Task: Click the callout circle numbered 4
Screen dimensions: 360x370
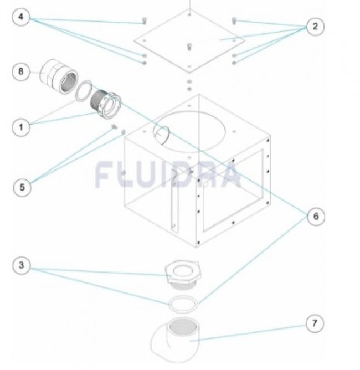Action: (21, 17)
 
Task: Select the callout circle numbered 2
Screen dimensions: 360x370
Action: (315, 27)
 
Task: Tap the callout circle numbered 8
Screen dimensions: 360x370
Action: (21, 71)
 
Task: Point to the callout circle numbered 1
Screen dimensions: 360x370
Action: (21, 127)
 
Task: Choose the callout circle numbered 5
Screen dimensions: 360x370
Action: (22, 187)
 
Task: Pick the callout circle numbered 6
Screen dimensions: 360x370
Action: (316, 217)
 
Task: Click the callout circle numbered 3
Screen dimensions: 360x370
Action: (21, 265)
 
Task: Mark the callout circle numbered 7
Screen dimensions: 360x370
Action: (315, 323)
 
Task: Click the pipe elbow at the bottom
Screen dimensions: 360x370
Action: (175, 340)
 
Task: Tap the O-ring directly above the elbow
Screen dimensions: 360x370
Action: (183, 304)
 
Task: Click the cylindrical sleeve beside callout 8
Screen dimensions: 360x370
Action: (58, 76)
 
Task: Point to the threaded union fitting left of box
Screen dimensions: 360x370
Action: (106, 104)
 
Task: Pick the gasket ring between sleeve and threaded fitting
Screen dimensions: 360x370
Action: (83, 91)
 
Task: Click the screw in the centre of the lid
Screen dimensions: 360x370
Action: (189, 47)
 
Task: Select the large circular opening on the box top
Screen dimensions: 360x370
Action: (189, 131)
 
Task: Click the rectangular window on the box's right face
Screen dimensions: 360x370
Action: (233, 190)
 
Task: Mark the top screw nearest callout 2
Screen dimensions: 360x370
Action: (234, 21)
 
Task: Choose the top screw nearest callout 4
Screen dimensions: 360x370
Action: (145, 20)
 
